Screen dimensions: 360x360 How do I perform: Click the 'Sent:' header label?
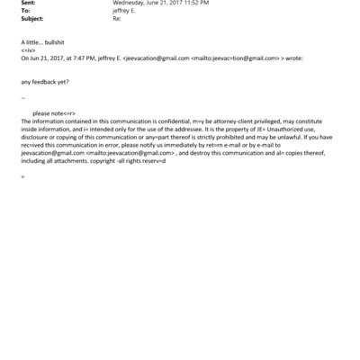(x=28, y=4)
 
